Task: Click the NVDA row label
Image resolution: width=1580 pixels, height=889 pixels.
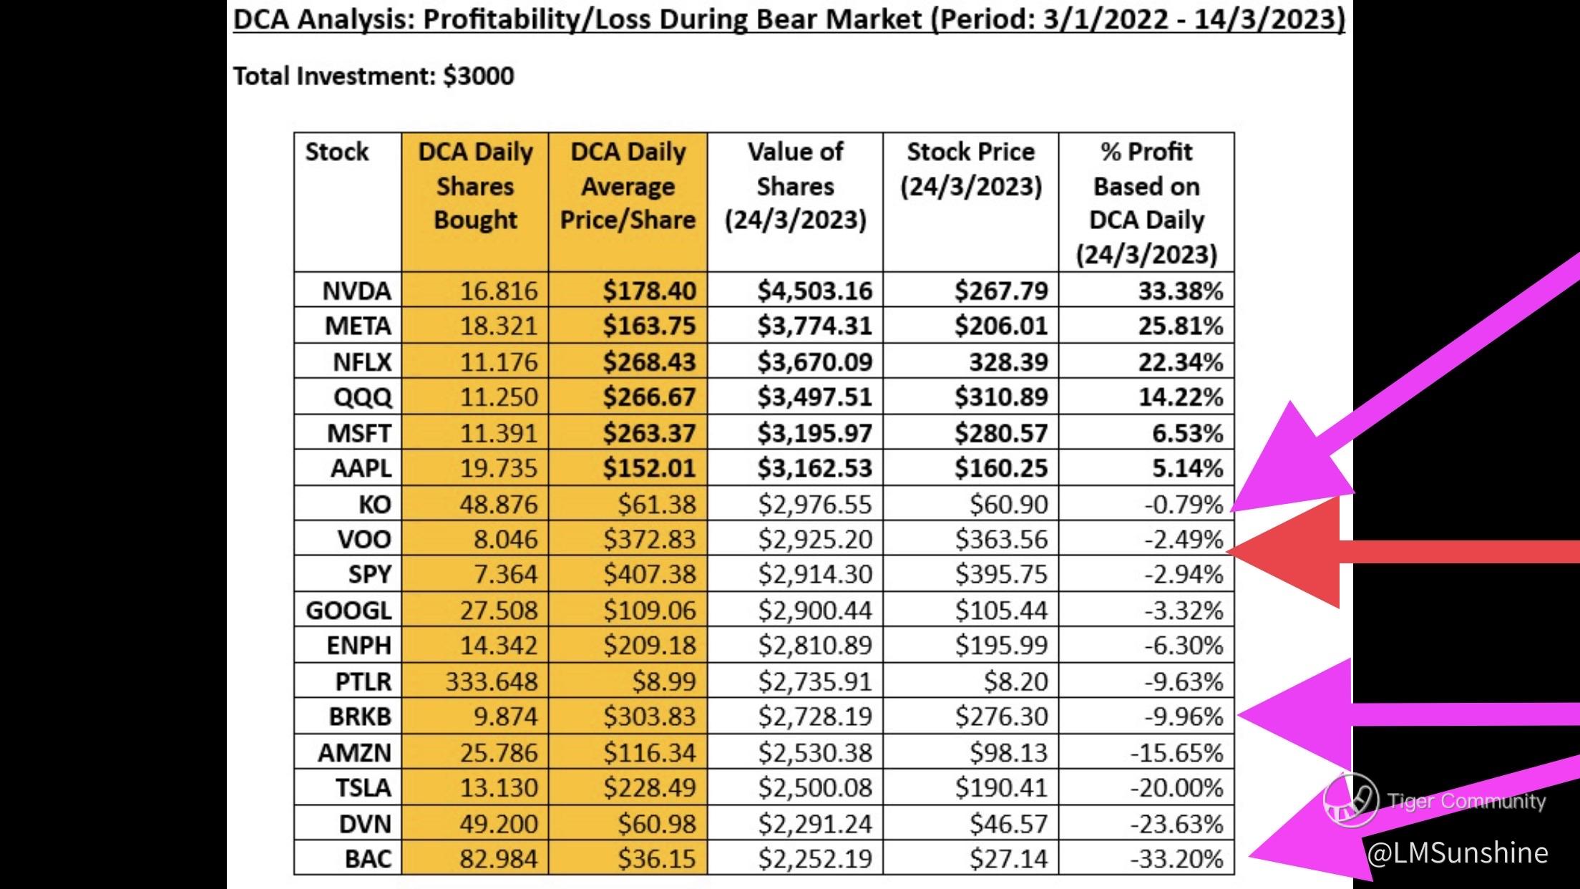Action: tap(356, 291)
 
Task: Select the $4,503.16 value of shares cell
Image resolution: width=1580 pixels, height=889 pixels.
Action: tap(814, 291)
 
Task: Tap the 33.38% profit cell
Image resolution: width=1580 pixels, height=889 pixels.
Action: tap(1180, 291)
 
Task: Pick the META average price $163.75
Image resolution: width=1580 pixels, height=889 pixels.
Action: tap(648, 326)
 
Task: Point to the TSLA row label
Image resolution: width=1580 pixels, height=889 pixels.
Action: tap(363, 787)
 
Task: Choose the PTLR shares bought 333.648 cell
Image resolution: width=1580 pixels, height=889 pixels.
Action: tap(491, 681)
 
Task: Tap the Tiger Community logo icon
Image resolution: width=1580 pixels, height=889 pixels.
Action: tap(1350, 800)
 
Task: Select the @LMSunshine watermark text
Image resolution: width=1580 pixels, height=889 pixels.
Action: tap(1457, 852)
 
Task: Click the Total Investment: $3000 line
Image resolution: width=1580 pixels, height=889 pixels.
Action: tap(374, 76)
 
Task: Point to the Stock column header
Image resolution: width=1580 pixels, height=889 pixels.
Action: tap(336, 152)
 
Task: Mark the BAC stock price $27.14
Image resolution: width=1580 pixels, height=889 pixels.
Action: tap(1008, 858)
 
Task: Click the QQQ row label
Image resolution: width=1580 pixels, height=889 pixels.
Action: tap(362, 397)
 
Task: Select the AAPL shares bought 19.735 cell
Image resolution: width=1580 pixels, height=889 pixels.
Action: tap(498, 467)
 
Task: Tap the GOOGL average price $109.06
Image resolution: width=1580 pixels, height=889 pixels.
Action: tap(648, 610)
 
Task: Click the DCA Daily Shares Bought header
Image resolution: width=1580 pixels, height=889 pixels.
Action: tap(475, 185)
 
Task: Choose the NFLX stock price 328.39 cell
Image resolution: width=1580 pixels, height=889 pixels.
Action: tap(1008, 361)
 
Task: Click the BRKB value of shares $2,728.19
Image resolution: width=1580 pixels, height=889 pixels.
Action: tap(814, 716)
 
